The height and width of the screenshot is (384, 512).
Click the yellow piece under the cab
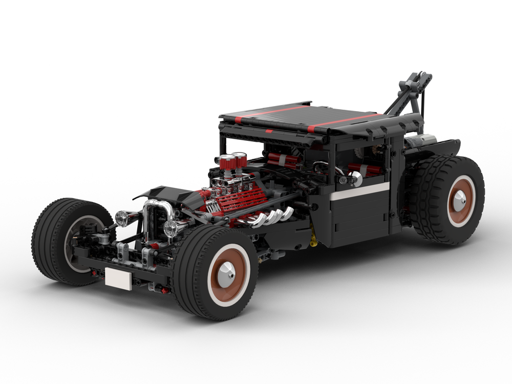point(313,241)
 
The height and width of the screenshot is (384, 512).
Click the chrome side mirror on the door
point(355,178)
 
